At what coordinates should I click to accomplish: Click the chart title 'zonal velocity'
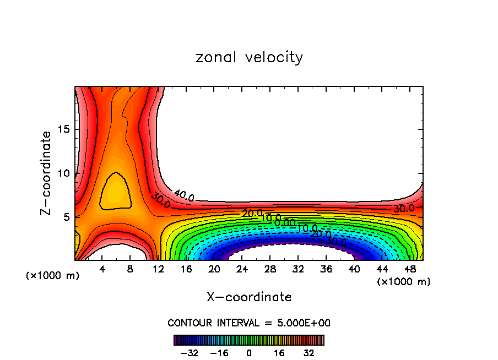pos(249,57)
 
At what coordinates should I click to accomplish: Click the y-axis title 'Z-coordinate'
pos(47,173)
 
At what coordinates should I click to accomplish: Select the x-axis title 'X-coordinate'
pos(249,297)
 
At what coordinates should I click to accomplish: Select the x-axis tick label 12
pos(158,269)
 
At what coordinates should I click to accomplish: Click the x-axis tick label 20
pos(214,269)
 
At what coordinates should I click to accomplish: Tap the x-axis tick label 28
pos(269,269)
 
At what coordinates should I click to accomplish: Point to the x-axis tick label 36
pos(326,269)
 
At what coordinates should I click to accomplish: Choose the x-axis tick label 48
pos(409,269)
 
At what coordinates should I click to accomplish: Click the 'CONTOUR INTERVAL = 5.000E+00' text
pos(249,323)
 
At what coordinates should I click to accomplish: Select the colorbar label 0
pos(249,353)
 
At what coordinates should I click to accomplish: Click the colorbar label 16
pos(279,353)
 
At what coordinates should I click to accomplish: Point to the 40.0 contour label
pos(183,195)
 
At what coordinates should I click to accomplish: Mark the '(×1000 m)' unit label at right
pos(404,282)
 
